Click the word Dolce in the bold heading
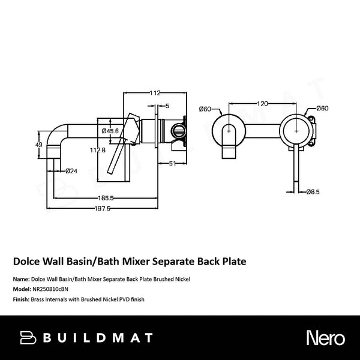point(27,262)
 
